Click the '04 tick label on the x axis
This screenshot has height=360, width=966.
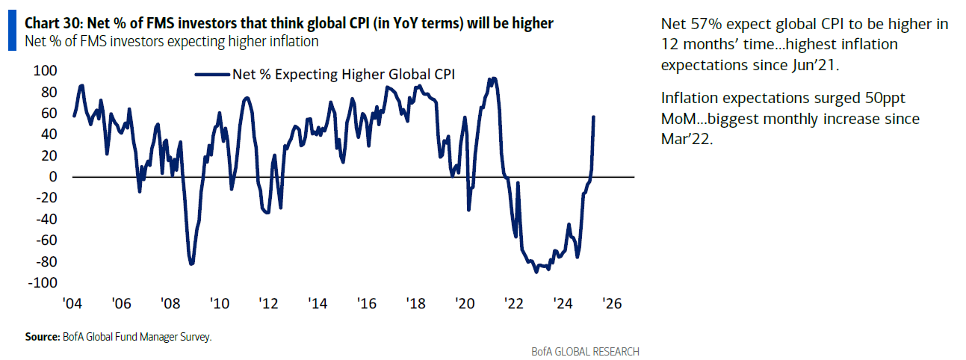point(73,304)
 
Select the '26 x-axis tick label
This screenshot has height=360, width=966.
point(612,304)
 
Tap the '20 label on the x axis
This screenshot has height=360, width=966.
point(465,304)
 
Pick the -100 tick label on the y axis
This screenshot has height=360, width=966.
point(42,283)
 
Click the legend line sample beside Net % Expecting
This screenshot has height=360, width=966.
point(211,74)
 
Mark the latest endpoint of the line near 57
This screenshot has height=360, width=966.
point(594,117)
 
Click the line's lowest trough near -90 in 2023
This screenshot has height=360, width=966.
point(536,272)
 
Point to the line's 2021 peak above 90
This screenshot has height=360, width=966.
point(491,78)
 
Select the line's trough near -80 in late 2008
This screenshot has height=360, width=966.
point(191,264)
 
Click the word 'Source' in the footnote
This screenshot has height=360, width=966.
point(42,338)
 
